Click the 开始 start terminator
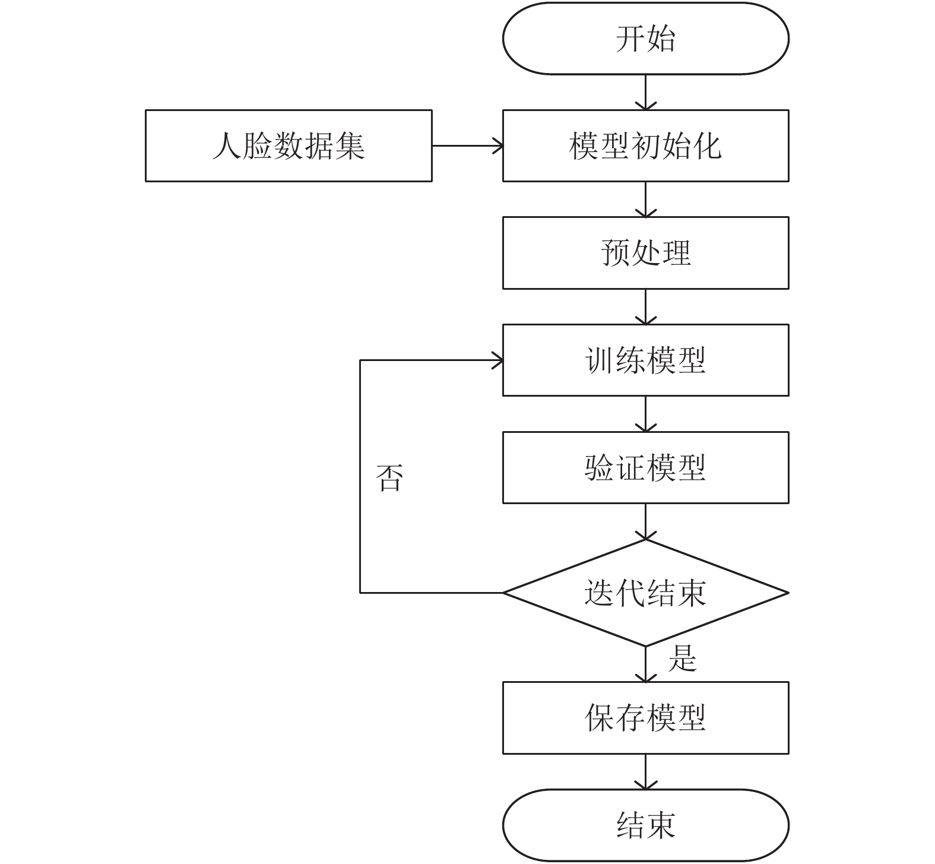pos(645,39)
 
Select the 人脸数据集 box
pos(289,145)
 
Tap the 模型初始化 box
pos(645,145)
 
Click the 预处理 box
pos(645,253)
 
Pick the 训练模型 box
pos(645,360)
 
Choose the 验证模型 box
pos(645,468)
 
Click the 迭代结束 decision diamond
pos(645,593)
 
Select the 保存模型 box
pos(645,718)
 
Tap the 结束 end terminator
pos(645,825)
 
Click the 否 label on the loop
pos(390,477)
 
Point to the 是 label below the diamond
pos(682,658)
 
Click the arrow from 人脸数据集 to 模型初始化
pos(467,145)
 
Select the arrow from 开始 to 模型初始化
pos(645,92)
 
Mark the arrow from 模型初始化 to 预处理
pos(645,200)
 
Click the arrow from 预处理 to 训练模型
pos(645,307)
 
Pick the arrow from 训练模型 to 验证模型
pos(645,414)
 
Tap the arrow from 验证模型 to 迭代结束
pos(645,521)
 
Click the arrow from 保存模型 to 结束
pos(645,772)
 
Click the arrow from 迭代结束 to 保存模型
pos(645,664)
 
